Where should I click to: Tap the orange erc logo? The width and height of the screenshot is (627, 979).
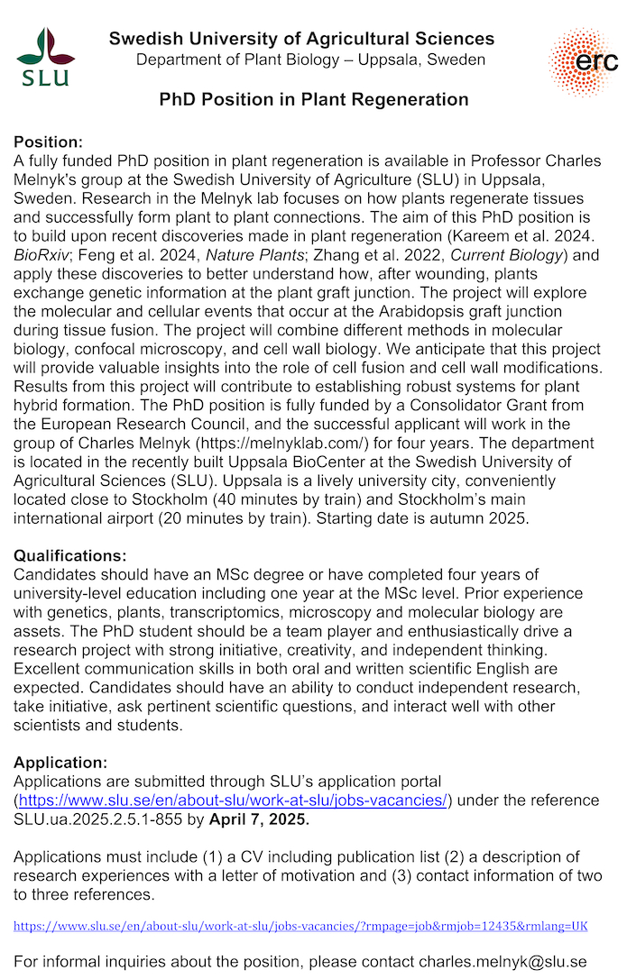tap(583, 61)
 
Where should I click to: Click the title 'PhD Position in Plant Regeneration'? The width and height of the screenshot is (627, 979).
tap(314, 99)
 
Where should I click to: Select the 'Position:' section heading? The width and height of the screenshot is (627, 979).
tap(48, 142)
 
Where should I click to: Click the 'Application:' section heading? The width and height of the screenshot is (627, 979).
tap(60, 763)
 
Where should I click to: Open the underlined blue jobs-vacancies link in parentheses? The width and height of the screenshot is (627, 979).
tap(234, 800)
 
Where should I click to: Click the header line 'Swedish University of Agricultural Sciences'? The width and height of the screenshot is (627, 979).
tap(301, 39)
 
